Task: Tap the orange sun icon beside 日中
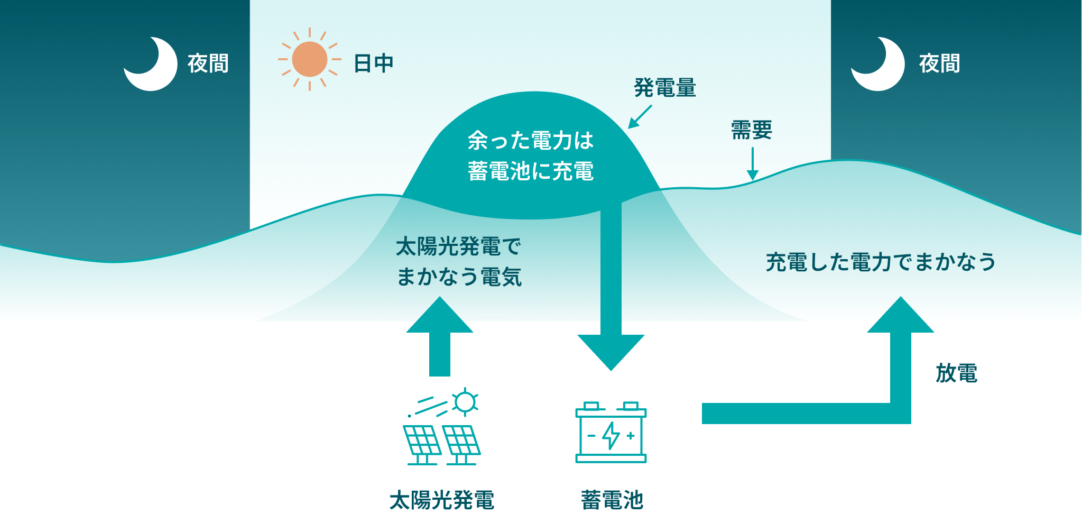pos(309,59)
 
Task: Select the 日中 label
pos(373,63)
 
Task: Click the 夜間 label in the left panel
pos(208,63)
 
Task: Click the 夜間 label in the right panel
pos(939,63)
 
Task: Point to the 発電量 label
pos(665,88)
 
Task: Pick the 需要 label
pos(751,130)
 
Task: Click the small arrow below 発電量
pos(640,117)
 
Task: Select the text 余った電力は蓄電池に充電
pos(531,156)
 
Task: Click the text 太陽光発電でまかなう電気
pos(459,262)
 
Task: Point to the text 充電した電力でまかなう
pos(881,262)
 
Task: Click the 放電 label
pos(956,373)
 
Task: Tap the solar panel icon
pos(442,428)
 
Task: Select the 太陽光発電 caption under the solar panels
pos(442,500)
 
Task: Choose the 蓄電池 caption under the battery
pos(612,500)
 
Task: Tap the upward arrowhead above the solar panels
pos(439,316)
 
